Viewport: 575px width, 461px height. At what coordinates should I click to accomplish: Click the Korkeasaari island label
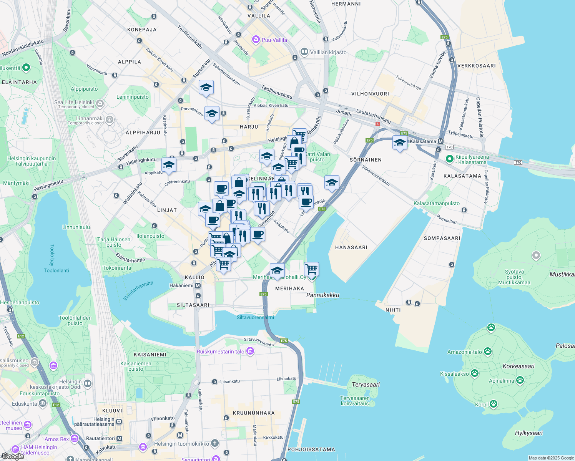518,366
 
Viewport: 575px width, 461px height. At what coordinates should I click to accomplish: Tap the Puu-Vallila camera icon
256,40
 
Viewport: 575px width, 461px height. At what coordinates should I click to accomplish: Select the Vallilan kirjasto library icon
304,51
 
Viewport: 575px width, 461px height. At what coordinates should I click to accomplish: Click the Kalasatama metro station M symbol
441,141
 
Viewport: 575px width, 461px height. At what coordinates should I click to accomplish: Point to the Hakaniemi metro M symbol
198,285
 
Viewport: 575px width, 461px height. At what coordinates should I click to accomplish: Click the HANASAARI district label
351,247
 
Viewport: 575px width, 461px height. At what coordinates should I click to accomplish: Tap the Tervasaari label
366,385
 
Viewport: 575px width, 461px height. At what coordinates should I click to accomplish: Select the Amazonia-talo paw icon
488,351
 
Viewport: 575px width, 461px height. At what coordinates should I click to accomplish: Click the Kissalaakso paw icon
475,373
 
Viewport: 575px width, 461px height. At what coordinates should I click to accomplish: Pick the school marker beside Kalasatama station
400,143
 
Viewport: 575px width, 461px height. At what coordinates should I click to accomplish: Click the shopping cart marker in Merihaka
311,269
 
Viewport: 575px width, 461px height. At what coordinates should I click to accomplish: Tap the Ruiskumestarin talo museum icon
250,351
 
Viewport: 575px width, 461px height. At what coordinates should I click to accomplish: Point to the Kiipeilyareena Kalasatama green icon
449,159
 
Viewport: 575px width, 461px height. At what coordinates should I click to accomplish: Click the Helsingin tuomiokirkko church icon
215,444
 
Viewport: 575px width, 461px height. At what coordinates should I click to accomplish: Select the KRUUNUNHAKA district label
254,413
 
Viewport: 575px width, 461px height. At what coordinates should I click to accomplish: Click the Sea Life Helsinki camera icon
100,103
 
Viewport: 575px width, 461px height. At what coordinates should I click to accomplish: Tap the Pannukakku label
322,295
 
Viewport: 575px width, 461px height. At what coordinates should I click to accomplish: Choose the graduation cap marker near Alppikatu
169,165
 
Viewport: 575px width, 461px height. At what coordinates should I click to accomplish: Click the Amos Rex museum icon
75,438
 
